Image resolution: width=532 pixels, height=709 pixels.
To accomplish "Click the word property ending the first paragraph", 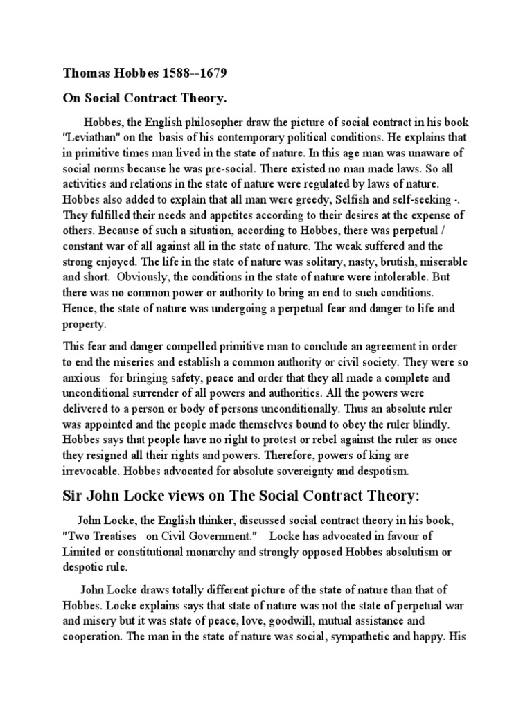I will tap(85, 323).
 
